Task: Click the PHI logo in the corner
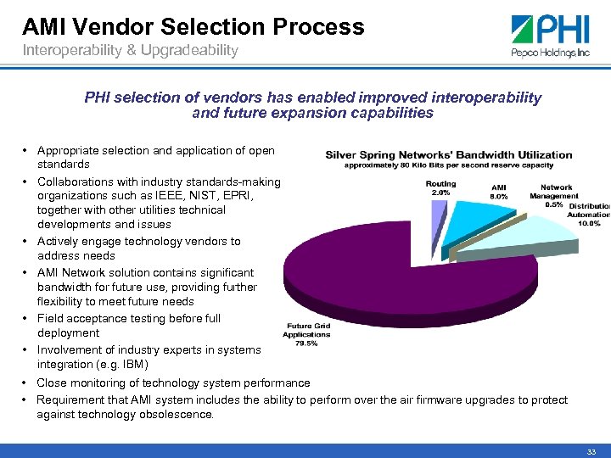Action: coord(551,35)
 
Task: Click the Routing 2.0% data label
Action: coord(440,187)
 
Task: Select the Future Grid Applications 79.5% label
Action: coord(307,336)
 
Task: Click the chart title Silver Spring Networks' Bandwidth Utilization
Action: coord(449,155)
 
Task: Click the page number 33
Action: coord(591,450)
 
